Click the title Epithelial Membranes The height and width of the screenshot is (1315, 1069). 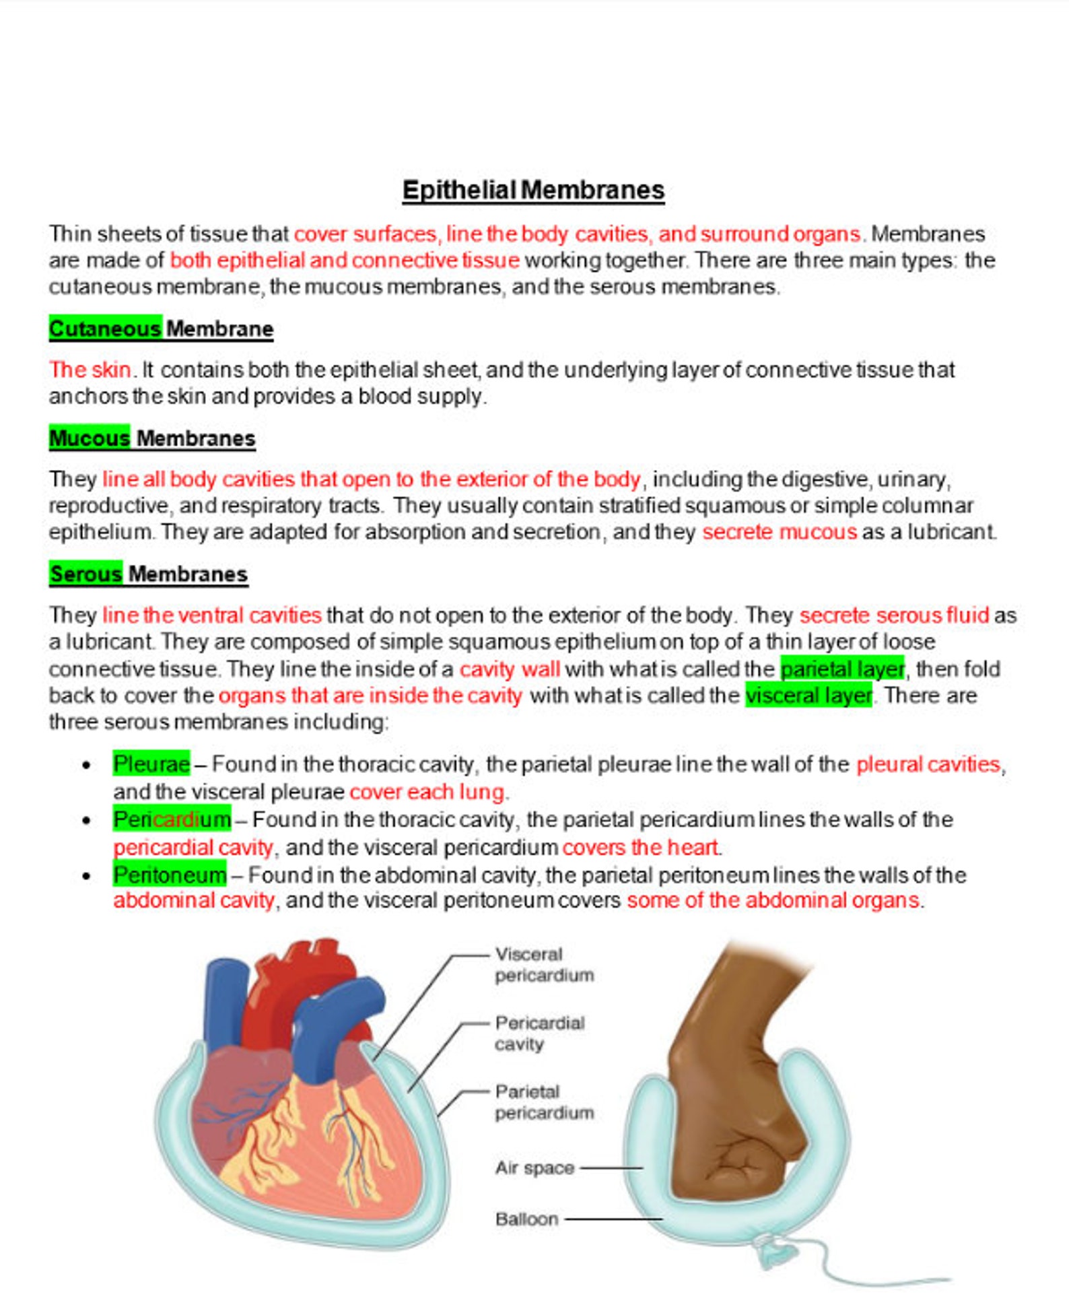pos(533,190)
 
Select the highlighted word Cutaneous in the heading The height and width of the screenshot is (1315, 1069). pos(105,329)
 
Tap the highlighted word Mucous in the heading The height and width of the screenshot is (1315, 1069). pos(89,438)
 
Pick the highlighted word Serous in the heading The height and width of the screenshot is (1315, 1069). pos(85,574)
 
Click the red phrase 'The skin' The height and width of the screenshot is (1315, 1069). pos(90,370)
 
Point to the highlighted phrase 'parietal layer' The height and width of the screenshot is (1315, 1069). pos(842,669)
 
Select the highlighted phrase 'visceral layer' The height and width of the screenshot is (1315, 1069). pos(808,695)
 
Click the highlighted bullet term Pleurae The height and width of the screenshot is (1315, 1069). pos(151,764)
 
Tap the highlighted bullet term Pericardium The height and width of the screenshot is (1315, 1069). pos(172,819)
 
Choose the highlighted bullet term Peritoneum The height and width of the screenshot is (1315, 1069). pos(170,875)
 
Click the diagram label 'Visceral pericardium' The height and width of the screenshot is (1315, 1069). pos(544,964)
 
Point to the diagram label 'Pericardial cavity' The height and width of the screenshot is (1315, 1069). pos(539,1033)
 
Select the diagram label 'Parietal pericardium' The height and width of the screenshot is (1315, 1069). pos(544,1102)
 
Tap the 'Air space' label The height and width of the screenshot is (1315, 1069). pos(534,1168)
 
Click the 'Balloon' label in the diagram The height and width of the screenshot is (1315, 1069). pos(526,1219)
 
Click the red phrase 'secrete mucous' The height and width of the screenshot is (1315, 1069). pos(779,532)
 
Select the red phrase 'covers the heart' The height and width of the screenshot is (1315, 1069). pos(640,847)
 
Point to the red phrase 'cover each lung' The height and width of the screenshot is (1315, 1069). pos(427,792)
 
